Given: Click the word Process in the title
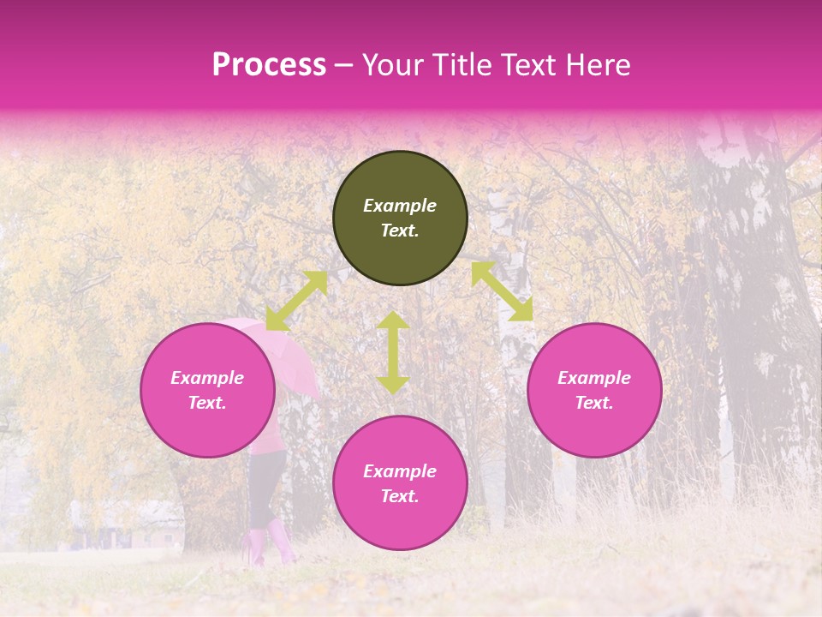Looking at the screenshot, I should pos(269,65).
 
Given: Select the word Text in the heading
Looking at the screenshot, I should pos(527,65).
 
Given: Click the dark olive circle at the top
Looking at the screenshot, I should pos(400,218).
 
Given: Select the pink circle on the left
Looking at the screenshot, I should pos(207,390).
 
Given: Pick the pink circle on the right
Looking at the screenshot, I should pos(594,390).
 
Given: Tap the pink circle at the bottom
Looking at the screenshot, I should pos(400,482).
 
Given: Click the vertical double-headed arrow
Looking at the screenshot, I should pos(393,352).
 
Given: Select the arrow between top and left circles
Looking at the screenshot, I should pos(296,301).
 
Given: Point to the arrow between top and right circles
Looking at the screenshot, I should pos(502,291).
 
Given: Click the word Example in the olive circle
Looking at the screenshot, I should pos(400,206).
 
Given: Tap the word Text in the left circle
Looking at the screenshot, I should pos(207,403).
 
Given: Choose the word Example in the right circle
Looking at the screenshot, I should pos(594,378).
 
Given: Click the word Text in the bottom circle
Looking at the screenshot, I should pos(400,496).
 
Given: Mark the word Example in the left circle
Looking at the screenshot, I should pos(207,378).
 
